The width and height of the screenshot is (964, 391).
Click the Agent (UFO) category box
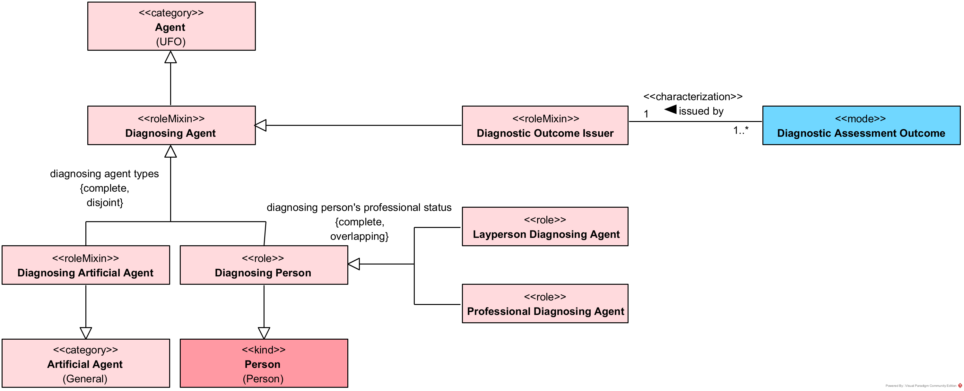(x=171, y=26)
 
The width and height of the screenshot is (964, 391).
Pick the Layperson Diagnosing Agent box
(x=545, y=227)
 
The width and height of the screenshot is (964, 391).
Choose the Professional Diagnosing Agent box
(x=545, y=303)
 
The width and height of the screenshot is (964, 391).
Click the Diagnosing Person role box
(x=264, y=265)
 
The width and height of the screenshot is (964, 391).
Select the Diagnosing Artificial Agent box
(x=86, y=265)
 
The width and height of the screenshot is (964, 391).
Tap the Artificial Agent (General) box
(x=86, y=363)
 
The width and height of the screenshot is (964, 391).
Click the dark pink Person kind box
(x=264, y=363)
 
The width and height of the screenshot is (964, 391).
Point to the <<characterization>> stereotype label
(x=693, y=97)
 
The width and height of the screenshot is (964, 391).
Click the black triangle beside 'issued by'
(x=671, y=110)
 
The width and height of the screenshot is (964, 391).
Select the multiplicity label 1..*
(x=741, y=130)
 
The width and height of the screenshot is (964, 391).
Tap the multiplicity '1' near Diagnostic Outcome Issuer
(x=646, y=114)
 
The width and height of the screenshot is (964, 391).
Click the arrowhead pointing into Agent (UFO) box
(x=171, y=57)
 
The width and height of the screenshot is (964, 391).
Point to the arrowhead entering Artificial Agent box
(x=86, y=333)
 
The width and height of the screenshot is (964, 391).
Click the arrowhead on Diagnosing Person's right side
(x=354, y=264)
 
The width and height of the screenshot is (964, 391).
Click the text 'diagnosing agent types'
(x=104, y=174)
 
